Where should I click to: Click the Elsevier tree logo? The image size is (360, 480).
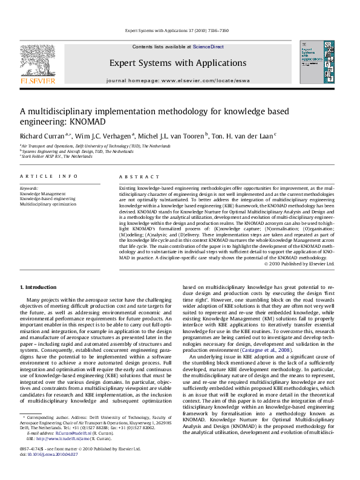click(x=38, y=61)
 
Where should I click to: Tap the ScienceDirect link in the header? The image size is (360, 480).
click(x=208, y=47)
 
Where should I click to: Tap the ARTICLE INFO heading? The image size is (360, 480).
click(x=49, y=176)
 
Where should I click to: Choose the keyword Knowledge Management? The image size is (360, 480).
click(x=43, y=193)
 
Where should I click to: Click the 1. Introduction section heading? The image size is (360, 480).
click(x=39, y=287)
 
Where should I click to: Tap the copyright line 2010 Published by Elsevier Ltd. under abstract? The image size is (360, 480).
click(x=299, y=263)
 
